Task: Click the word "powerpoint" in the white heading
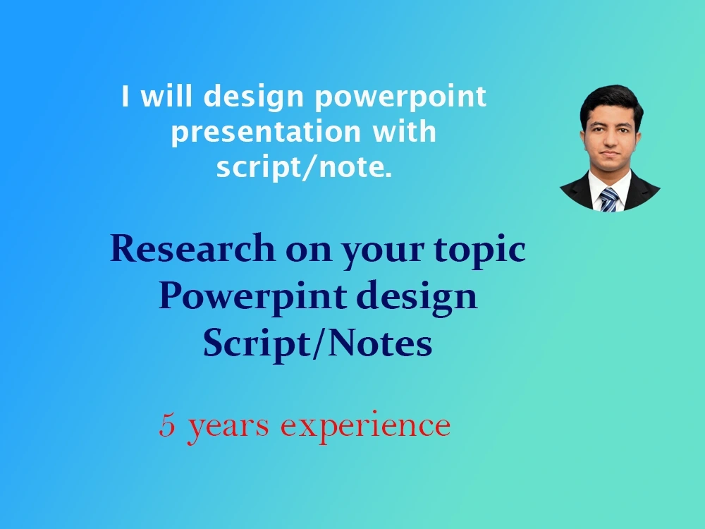click(x=400, y=97)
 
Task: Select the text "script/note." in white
click(x=304, y=168)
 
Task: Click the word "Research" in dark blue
click(x=192, y=249)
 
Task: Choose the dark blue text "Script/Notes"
click(x=317, y=343)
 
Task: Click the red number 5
click(x=167, y=425)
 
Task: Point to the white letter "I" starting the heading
click(x=125, y=97)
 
